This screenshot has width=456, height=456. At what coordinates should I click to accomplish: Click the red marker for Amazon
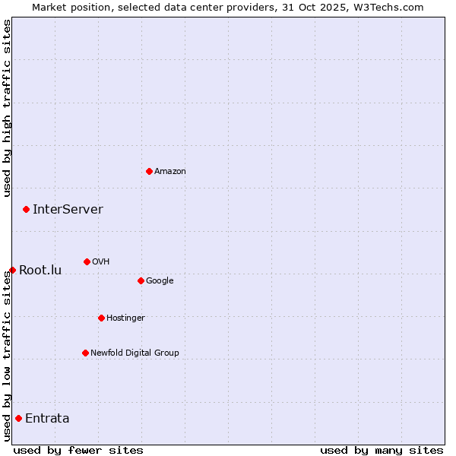[x=149, y=171]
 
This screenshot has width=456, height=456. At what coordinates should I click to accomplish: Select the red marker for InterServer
[x=26, y=209]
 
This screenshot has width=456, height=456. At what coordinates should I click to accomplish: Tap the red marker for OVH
[x=87, y=261]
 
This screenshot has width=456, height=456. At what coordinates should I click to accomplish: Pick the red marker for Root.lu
[x=12, y=270]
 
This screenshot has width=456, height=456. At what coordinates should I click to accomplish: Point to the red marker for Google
[x=141, y=280]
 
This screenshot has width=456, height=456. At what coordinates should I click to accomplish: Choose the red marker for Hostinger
[x=101, y=318]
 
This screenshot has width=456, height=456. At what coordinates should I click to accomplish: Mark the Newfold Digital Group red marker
[x=85, y=353]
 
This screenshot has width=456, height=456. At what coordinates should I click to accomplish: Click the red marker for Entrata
[x=18, y=418]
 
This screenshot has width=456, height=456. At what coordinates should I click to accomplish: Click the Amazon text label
[x=170, y=171]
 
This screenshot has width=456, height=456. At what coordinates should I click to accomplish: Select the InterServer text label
[x=68, y=209]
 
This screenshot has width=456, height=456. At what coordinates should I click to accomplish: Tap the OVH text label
[x=101, y=261]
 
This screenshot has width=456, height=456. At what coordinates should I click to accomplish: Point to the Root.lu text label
[x=40, y=270]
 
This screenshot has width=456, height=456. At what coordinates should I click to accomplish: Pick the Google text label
[x=160, y=280]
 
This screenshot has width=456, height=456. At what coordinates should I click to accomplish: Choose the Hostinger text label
[x=125, y=318]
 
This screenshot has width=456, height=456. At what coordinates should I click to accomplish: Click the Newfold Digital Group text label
[x=135, y=353]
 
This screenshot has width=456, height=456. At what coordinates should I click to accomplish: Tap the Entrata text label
[x=47, y=418]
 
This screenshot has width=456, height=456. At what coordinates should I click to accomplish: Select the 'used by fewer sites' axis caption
[x=78, y=450]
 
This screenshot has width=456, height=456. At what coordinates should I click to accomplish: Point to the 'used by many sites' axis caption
[x=382, y=450]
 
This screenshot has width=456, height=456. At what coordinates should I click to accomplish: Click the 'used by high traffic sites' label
[x=7, y=108]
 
